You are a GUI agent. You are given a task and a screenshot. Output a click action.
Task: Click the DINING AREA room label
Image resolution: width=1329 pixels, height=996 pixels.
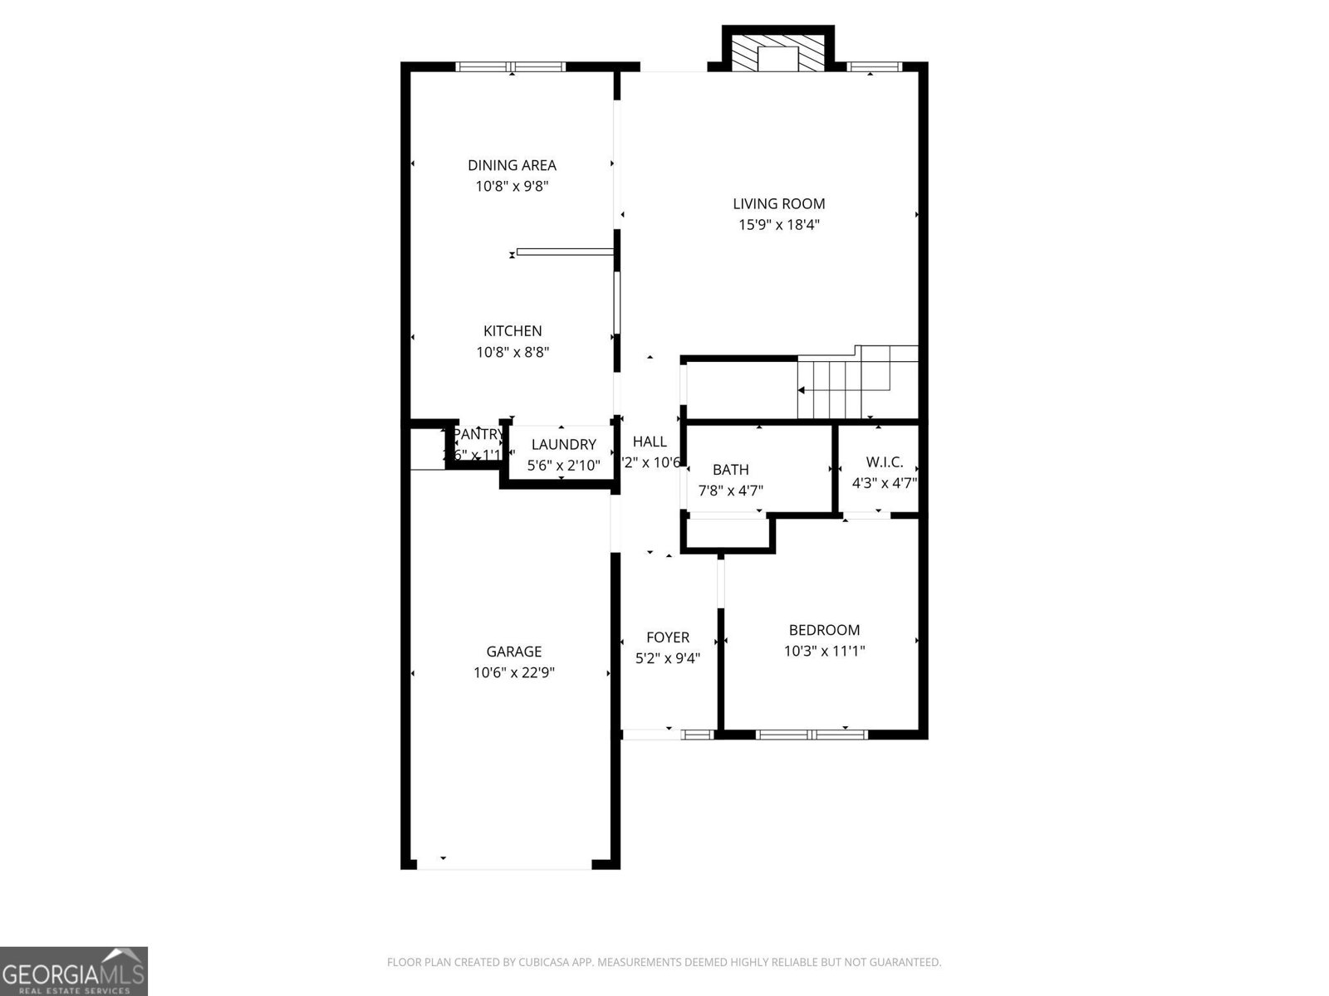512,165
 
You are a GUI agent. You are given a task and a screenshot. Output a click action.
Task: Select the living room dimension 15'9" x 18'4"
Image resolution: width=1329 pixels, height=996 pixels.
779,224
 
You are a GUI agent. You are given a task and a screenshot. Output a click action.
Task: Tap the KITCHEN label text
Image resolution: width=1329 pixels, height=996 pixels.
512,331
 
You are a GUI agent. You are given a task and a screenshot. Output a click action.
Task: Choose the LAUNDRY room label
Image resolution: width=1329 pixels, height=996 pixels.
563,445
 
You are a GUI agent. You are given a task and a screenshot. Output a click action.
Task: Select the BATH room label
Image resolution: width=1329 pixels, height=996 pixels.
730,470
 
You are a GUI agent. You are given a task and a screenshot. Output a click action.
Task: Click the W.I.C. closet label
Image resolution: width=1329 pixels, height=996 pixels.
884,462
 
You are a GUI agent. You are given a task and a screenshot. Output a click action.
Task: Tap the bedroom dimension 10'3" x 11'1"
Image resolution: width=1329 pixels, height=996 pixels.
824,651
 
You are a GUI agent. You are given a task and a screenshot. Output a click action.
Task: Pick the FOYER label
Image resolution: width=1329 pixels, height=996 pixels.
667,637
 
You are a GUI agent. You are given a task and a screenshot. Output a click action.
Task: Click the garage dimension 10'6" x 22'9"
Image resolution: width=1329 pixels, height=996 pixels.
513,672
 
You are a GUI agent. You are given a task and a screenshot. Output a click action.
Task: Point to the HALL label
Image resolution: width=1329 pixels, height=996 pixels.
650,442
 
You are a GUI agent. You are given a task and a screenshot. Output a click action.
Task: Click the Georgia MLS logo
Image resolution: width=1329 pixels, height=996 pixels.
74,970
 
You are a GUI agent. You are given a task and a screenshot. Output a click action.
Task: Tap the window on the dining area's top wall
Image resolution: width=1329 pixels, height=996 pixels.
511,66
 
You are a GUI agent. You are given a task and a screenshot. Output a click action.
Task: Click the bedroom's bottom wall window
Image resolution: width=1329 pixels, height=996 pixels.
812,734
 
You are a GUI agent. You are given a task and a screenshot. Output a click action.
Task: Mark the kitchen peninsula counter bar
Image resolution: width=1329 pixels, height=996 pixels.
565,251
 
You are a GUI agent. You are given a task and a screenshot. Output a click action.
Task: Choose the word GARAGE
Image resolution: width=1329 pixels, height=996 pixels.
513,652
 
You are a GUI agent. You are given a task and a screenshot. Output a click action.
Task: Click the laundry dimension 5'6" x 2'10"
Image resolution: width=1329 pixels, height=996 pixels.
563,466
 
